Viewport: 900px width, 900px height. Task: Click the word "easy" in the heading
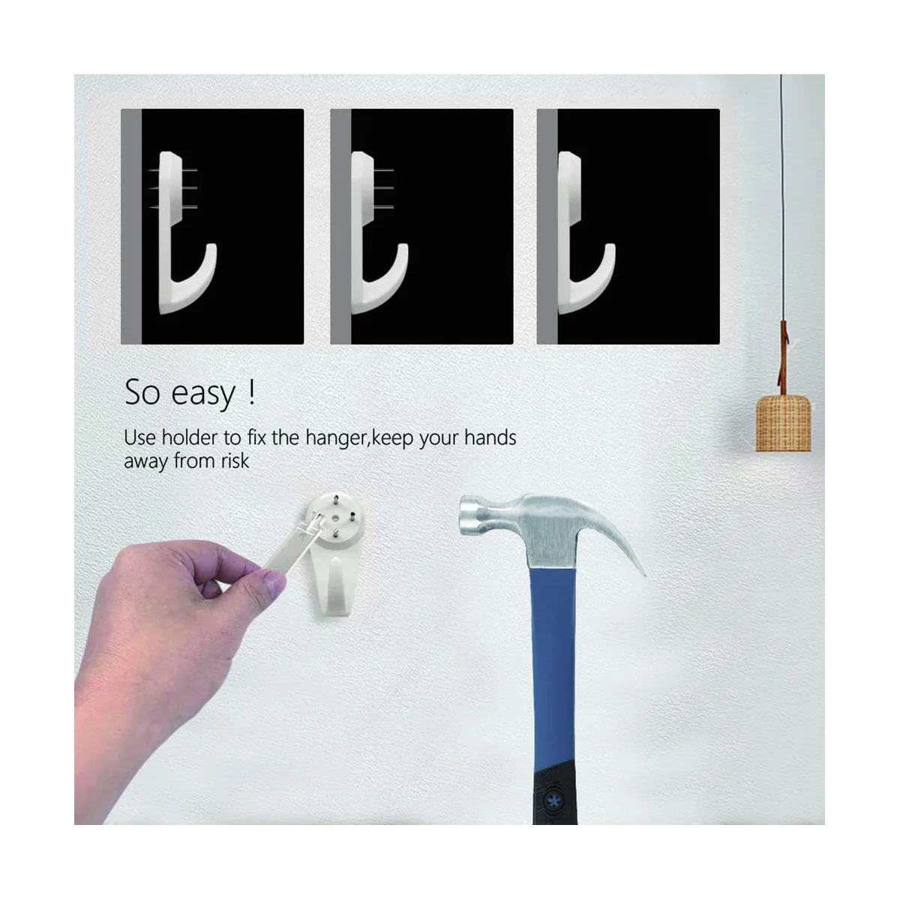[201, 394]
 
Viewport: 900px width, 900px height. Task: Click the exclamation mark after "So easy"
[250, 392]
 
